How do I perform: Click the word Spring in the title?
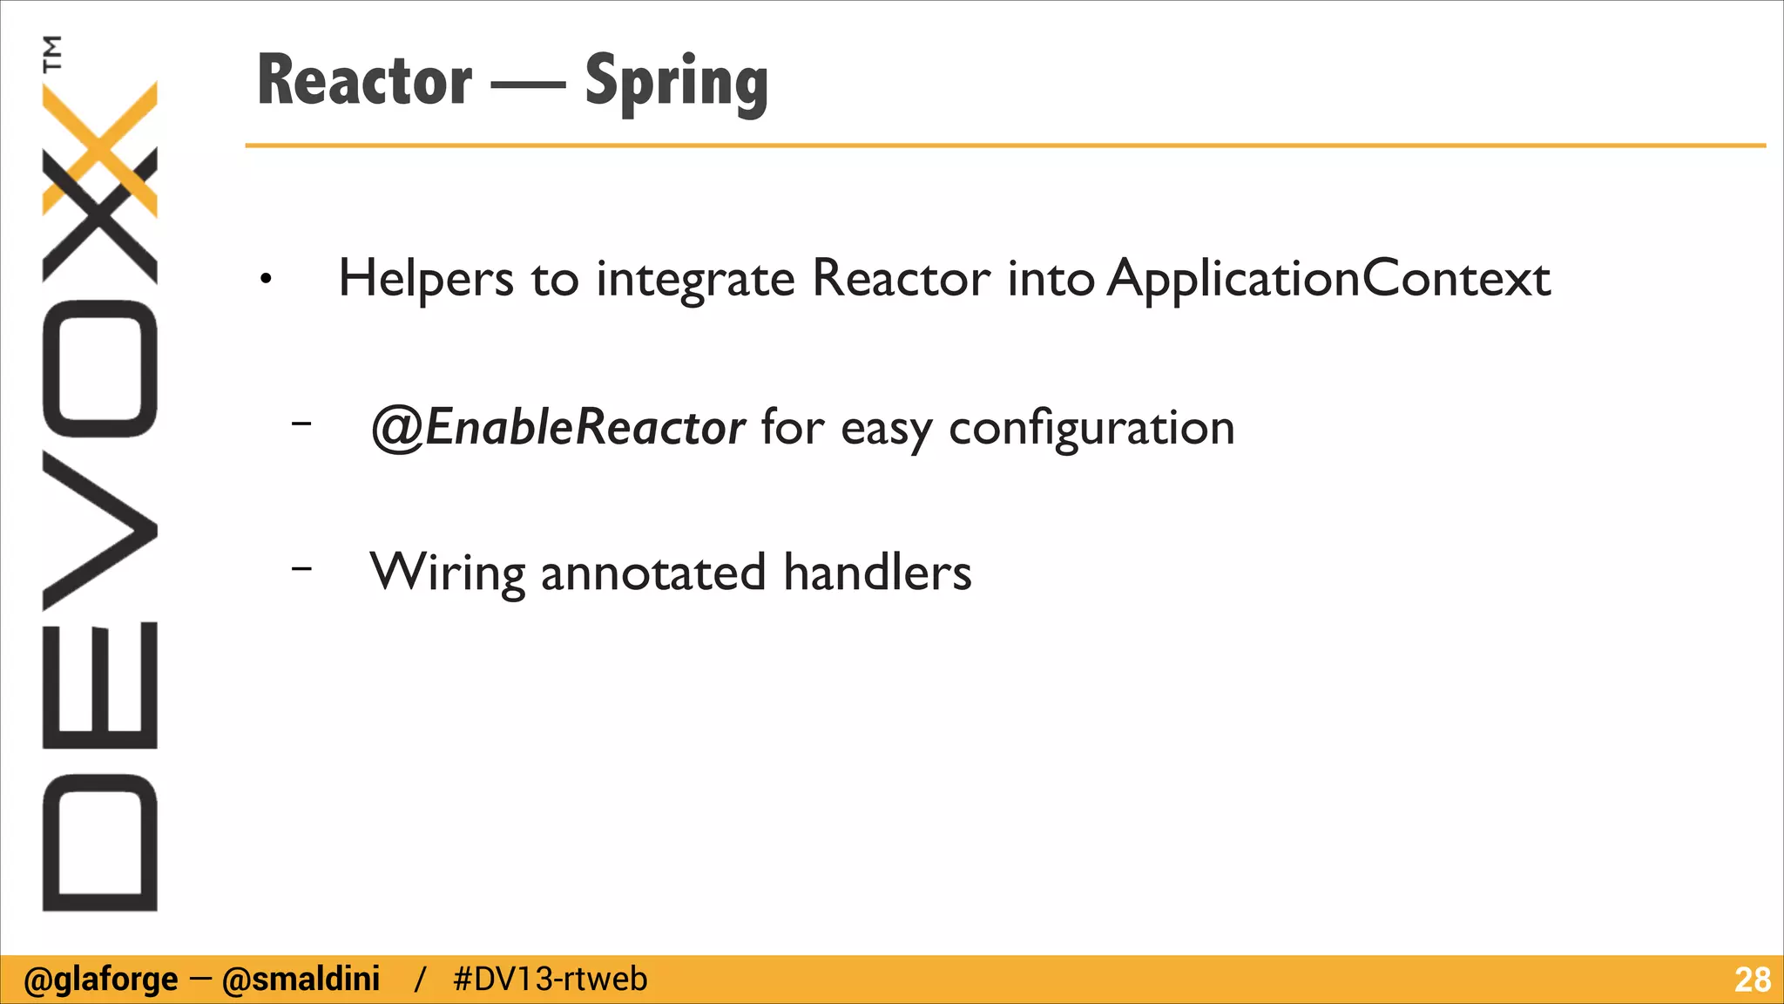(676, 83)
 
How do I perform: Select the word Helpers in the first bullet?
(426, 279)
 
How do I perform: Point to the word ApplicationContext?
(1328, 279)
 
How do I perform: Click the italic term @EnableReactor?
(557, 428)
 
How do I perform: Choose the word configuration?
(1091, 428)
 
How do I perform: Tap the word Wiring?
(447, 573)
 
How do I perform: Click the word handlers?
(876, 573)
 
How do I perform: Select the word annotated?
(653, 573)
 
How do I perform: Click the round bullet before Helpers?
(266, 280)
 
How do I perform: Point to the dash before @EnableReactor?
(301, 424)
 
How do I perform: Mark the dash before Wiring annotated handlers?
(301, 568)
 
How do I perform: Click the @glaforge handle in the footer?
(100, 980)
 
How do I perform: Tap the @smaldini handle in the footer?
(301, 980)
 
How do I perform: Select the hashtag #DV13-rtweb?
(550, 980)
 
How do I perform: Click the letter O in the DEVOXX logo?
(99, 369)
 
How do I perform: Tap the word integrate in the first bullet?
(695, 279)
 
